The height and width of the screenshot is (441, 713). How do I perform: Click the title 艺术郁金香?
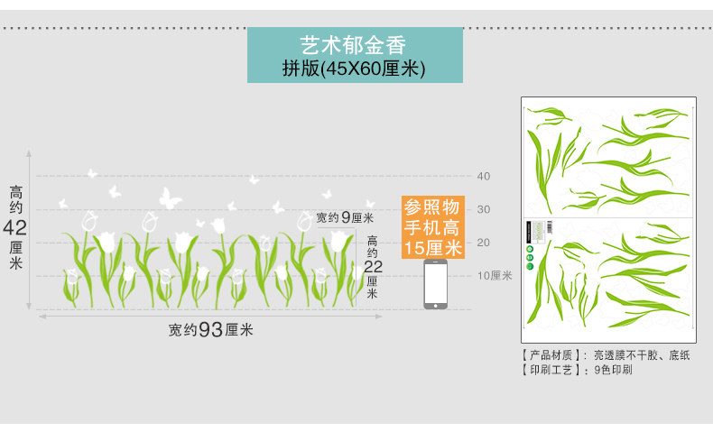coord(354,44)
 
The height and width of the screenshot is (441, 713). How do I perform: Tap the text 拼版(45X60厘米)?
coord(354,67)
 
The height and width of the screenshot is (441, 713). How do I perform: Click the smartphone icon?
coord(435,284)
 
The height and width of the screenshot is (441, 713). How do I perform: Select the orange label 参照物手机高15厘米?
coord(433,225)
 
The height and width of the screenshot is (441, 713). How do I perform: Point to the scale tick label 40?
coord(483,176)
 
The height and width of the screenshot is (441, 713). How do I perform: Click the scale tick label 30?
coord(483,209)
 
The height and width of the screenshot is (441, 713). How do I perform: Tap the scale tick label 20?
coord(483,243)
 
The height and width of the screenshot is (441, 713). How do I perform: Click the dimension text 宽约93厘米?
coord(210,330)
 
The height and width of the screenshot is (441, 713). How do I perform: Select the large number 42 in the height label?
coord(17,226)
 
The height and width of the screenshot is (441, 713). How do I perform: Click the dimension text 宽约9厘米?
coord(345,217)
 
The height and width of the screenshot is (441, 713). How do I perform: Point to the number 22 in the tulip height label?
coord(373,266)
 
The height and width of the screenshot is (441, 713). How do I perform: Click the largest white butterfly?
coord(170,198)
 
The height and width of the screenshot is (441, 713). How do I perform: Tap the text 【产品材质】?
coord(553,355)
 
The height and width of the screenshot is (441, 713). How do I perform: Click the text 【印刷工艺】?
coord(553,370)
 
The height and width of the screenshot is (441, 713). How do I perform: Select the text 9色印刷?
coord(613,370)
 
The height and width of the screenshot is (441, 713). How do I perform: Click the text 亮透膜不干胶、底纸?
coord(641,355)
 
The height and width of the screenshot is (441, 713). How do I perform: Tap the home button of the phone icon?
coord(435,305)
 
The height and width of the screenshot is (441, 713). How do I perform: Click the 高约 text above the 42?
coord(17,199)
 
